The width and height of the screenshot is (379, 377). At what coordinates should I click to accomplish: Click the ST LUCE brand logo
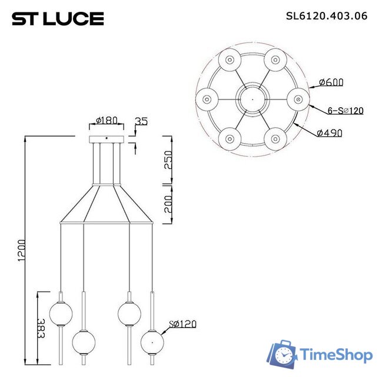point(58,19)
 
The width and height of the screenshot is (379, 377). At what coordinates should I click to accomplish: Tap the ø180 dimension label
point(107,121)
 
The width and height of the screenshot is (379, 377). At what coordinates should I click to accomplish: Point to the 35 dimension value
point(141,121)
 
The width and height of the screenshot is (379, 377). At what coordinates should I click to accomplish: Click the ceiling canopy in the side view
point(107,139)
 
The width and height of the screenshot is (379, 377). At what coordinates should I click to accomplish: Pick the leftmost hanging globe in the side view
point(61,312)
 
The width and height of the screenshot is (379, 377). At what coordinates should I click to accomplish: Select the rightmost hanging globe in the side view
point(152,342)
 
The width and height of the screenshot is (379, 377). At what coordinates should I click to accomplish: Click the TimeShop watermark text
point(335,355)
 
